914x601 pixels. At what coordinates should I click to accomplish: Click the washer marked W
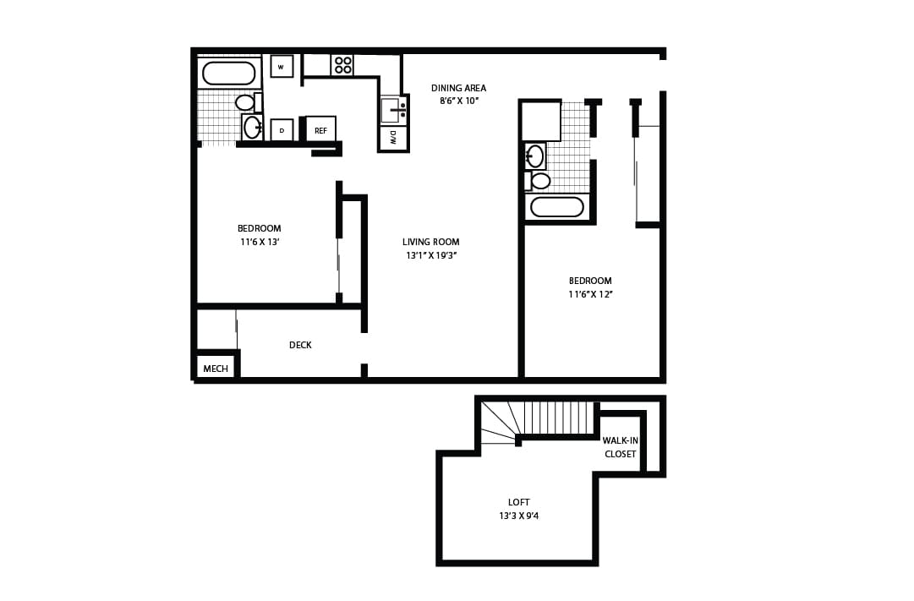pos(282,67)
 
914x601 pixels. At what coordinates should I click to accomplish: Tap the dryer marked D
pos(282,130)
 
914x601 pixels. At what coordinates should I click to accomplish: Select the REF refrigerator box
pos(320,130)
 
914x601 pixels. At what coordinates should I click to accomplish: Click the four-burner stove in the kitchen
pos(342,65)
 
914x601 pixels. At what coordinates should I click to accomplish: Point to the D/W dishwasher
pos(393,138)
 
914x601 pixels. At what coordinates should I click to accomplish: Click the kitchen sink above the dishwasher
pos(392,110)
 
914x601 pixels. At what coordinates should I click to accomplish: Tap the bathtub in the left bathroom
pos(228,74)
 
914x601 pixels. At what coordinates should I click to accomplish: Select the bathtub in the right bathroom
pos(556,207)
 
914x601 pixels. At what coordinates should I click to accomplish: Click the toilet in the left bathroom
pos(247,102)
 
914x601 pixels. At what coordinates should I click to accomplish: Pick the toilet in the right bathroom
pos(539,181)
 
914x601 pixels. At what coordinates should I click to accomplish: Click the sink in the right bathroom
pos(535,156)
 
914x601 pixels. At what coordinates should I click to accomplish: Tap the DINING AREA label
pos(458,88)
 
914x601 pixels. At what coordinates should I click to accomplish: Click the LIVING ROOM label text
pos(430,243)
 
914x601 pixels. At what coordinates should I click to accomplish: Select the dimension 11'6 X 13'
pos(259,242)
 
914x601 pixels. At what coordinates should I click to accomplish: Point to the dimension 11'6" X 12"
pos(590,294)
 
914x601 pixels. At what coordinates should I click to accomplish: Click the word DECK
pos(300,345)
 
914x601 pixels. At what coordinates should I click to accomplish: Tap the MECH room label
pos(216,369)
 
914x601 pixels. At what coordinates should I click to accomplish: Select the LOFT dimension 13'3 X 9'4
pos(518,516)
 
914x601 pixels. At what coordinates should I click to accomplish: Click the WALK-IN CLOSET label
pos(620,447)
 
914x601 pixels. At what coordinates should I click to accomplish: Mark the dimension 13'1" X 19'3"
pos(431,255)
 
